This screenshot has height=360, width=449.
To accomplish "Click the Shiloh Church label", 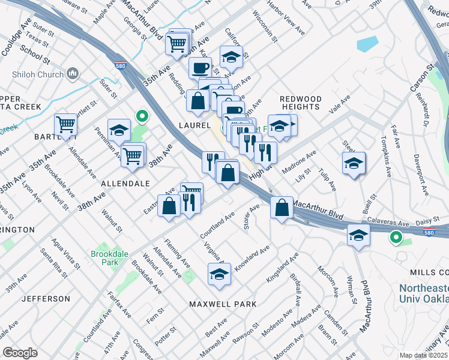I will point(38,74).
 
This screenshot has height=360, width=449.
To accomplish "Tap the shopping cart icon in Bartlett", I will point(65,125).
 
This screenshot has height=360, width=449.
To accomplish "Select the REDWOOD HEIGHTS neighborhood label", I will point(300,103).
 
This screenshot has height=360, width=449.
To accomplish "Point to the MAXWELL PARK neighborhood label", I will point(223,304).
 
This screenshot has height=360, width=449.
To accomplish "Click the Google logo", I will point(20,353).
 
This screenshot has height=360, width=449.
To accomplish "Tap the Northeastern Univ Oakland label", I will point(424,293).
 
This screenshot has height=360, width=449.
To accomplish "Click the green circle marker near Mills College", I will point(396,238).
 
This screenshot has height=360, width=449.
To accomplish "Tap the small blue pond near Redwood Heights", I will point(367,44).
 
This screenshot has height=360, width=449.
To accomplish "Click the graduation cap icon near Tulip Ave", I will point(354,163).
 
